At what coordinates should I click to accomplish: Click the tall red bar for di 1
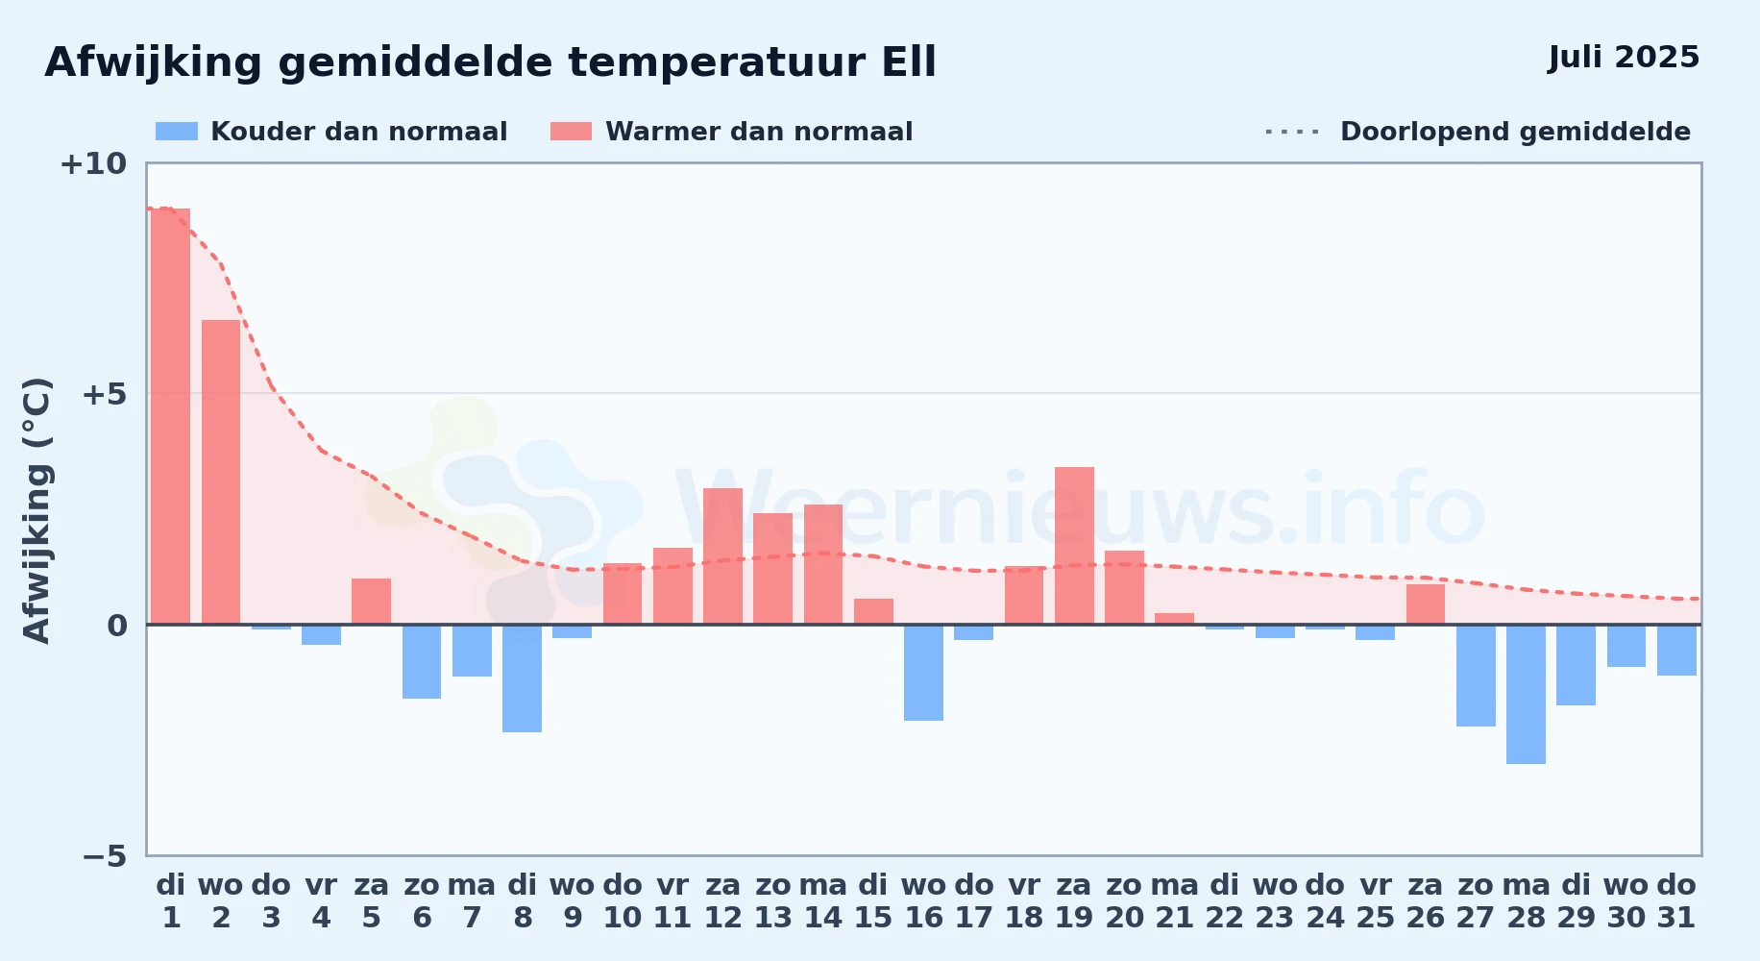pos(171,416)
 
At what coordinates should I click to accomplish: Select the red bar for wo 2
pos(221,472)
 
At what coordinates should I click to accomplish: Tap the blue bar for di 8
pos(522,678)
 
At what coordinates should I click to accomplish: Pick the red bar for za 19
pos(1074,546)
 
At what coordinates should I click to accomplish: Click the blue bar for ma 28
pos(1526,694)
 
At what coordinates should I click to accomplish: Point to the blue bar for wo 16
pos(923,673)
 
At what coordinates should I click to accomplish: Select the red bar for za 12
pos(722,556)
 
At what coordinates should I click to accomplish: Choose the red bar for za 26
pos(1426,604)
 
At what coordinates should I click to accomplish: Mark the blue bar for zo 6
pos(422,661)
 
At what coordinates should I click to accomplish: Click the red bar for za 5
pos(371,602)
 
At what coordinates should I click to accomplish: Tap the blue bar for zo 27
pos(1476,676)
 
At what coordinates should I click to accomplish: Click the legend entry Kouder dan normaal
pos(331,132)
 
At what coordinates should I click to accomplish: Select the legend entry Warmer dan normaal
pos(731,132)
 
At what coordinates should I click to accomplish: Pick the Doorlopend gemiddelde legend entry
pos(1478,132)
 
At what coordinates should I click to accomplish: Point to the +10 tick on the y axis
pos(93,163)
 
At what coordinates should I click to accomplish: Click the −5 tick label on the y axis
pos(105,856)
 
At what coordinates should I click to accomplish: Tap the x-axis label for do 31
pos(1676,901)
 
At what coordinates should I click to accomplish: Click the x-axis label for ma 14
pos(823,901)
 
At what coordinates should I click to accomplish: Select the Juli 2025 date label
pos(1624,58)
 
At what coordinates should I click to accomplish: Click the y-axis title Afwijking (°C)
pos(37,510)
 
